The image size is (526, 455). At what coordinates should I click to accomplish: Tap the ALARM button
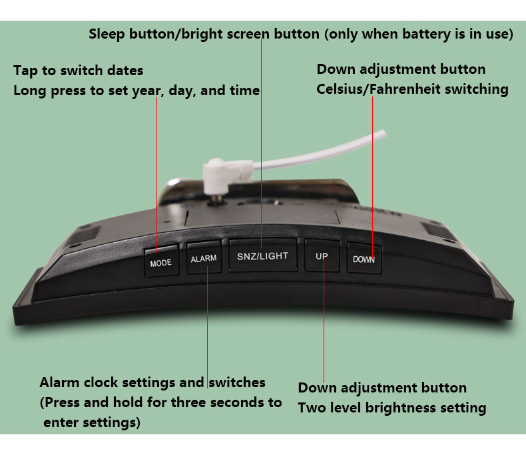[204, 258]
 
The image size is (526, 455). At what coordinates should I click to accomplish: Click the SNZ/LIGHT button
[263, 255]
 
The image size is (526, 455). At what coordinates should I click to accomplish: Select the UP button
[322, 255]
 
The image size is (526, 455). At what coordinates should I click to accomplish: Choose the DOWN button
[364, 259]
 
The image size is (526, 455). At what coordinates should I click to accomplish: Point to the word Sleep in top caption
[107, 34]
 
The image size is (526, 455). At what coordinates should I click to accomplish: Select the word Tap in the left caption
[25, 71]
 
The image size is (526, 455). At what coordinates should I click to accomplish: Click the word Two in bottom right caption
[312, 408]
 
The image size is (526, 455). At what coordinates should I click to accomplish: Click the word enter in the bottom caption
[61, 422]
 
